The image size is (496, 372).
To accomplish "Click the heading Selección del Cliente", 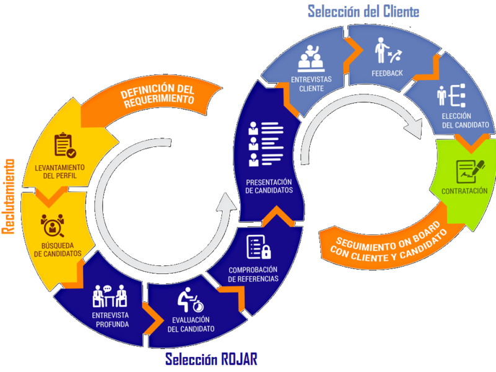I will point(363,11).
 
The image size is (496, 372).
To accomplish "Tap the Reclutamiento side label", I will point(9,197).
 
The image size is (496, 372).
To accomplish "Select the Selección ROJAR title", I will point(211,359).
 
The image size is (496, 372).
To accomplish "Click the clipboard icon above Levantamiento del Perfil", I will point(65,145).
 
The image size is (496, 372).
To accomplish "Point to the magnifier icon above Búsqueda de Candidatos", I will point(53,225).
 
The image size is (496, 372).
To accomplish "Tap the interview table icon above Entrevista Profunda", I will point(110,296).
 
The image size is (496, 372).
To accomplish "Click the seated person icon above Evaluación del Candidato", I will point(188,301).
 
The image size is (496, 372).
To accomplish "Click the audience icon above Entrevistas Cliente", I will point(312,59).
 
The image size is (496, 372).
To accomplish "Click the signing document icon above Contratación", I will point(464,169).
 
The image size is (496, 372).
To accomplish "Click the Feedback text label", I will point(387,73).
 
